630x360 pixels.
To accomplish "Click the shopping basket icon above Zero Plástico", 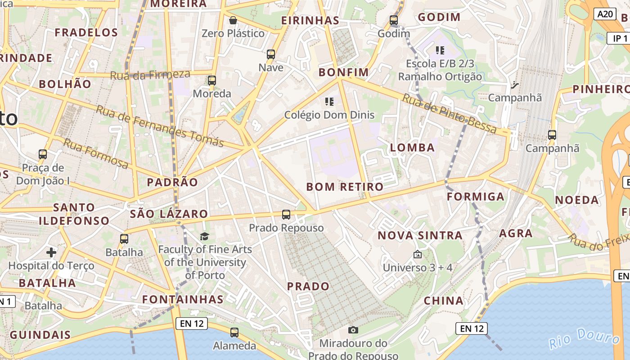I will (233, 20).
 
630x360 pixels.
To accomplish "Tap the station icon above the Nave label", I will (271, 54).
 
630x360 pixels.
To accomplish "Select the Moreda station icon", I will (211, 81).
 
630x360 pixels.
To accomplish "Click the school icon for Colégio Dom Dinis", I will (329, 102).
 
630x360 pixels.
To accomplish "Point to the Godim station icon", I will (394, 20).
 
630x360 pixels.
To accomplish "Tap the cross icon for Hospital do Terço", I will (51, 252).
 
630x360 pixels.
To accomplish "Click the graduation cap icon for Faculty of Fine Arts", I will (205, 236).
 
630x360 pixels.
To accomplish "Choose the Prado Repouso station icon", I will (286, 215).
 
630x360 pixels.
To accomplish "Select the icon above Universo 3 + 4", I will (418, 254).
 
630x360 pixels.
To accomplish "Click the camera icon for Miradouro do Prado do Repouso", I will (353, 330).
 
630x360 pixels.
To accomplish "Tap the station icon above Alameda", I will (234, 333).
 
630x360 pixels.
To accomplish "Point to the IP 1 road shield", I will (620, 38).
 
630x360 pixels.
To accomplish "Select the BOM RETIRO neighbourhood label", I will (345, 187).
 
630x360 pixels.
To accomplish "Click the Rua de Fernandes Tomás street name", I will (160, 126).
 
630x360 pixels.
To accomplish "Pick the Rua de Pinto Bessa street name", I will (450, 114).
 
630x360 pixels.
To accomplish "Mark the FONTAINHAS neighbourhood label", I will (183, 299).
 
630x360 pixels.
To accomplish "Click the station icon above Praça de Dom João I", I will (43, 154).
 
